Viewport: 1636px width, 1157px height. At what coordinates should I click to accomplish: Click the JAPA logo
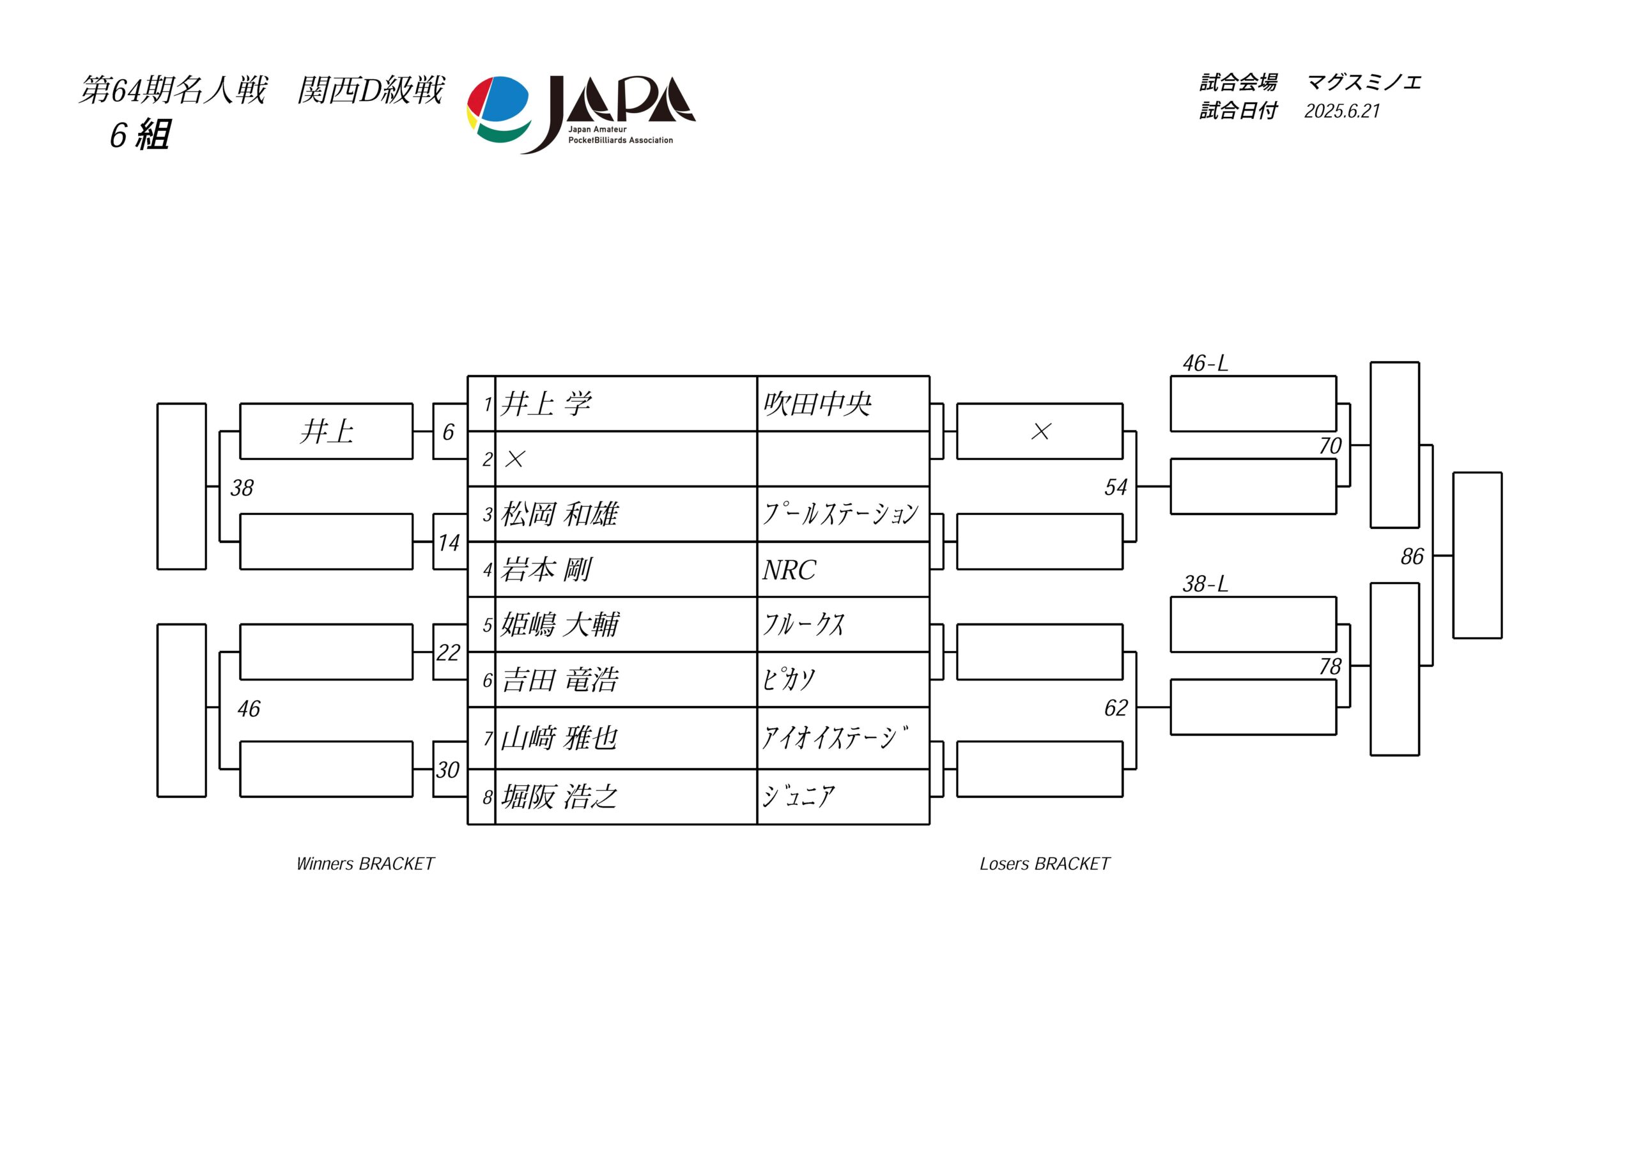click(x=581, y=114)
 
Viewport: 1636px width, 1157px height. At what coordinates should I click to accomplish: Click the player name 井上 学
click(x=546, y=404)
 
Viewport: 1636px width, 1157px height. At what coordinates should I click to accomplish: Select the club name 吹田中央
click(x=817, y=404)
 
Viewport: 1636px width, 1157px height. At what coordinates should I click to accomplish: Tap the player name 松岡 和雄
click(x=559, y=514)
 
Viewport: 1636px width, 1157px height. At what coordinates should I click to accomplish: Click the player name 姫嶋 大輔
click(x=559, y=625)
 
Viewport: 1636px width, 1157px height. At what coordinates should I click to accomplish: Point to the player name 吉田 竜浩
click(x=559, y=680)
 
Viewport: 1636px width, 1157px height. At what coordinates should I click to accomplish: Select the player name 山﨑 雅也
click(x=559, y=738)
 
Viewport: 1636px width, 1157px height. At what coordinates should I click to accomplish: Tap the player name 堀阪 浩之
click(x=559, y=797)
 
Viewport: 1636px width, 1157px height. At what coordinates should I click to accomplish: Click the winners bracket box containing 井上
click(x=327, y=431)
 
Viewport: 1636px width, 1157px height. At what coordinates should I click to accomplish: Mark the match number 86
click(x=1412, y=556)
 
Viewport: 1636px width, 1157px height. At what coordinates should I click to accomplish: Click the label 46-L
click(x=1205, y=364)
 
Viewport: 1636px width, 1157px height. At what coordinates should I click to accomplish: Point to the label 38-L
click(x=1205, y=584)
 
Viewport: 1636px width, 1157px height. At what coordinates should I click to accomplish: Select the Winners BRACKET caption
click(x=365, y=864)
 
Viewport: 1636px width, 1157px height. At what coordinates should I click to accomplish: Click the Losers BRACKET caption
click(x=1045, y=864)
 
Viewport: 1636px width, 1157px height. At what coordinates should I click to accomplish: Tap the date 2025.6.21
click(x=1343, y=111)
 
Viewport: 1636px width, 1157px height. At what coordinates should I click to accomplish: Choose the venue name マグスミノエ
click(x=1364, y=82)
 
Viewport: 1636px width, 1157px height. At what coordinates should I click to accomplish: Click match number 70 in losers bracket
click(x=1330, y=446)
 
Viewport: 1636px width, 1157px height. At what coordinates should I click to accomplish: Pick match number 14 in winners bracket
click(x=448, y=543)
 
